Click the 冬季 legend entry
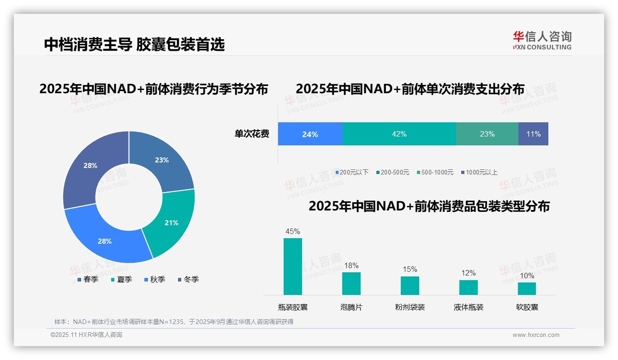coord(188,279)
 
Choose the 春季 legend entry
coord(88,279)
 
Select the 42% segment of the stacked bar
coord(399,134)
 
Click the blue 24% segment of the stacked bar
coord(310,134)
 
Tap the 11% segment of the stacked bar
coord(533,134)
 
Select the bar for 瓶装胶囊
coord(292,266)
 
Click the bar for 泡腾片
coord(351,283)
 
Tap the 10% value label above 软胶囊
coord(527,276)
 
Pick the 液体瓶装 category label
coord(468,307)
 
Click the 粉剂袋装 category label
coord(410,307)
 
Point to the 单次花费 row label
coord(252,134)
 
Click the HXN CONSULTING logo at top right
coord(542,41)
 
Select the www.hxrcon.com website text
coord(536,335)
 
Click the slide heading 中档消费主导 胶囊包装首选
coord(134,44)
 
